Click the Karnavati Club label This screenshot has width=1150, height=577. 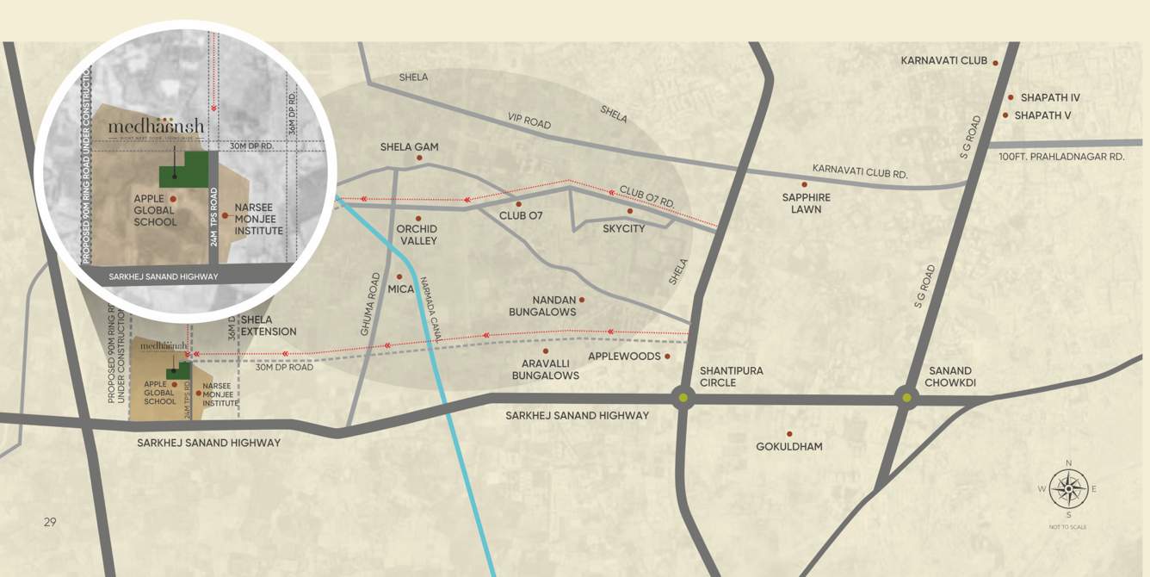[x=943, y=61]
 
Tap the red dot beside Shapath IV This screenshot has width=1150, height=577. [x=1011, y=97]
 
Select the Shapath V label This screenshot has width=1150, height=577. [x=1042, y=115]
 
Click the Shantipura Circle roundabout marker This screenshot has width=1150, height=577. [x=683, y=398]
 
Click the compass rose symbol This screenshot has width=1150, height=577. [x=1068, y=488]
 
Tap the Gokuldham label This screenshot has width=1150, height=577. [x=788, y=446]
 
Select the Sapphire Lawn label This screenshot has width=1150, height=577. [x=807, y=203]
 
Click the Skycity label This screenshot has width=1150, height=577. [x=623, y=228]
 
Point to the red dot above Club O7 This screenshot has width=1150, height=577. [x=518, y=204]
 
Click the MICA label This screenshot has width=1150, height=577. [x=400, y=289]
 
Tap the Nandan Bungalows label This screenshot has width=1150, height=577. [x=542, y=306]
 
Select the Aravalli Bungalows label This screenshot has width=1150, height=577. [x=545, y=369]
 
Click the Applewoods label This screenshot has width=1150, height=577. [x=624, y=356]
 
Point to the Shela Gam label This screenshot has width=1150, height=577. [x=409, y=147]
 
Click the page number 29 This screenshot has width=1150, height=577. [x=50, y=522]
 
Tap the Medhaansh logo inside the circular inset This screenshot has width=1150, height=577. [x=157, y=128]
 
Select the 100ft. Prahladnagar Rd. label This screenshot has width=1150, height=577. [x=1061, y=157]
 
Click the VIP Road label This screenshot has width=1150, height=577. [x=529, y=121]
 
